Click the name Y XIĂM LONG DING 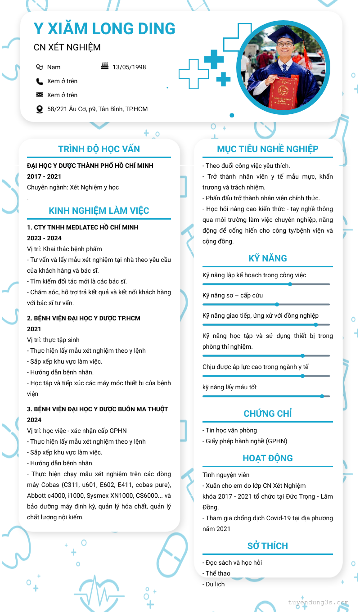104,29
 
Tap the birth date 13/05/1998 129,67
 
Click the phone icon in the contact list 40,81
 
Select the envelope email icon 40,95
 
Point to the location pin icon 40,109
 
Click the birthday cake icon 105,67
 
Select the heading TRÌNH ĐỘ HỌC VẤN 99,149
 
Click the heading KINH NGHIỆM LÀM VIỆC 99,211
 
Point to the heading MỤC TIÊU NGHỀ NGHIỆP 268,149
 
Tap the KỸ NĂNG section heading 268,258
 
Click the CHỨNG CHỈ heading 268,414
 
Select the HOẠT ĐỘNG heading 268,458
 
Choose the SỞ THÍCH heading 268,546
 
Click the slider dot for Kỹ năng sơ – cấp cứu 277,305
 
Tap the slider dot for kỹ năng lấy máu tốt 322,396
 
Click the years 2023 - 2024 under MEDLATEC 44,238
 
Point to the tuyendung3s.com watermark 318,603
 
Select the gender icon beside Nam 40,67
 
